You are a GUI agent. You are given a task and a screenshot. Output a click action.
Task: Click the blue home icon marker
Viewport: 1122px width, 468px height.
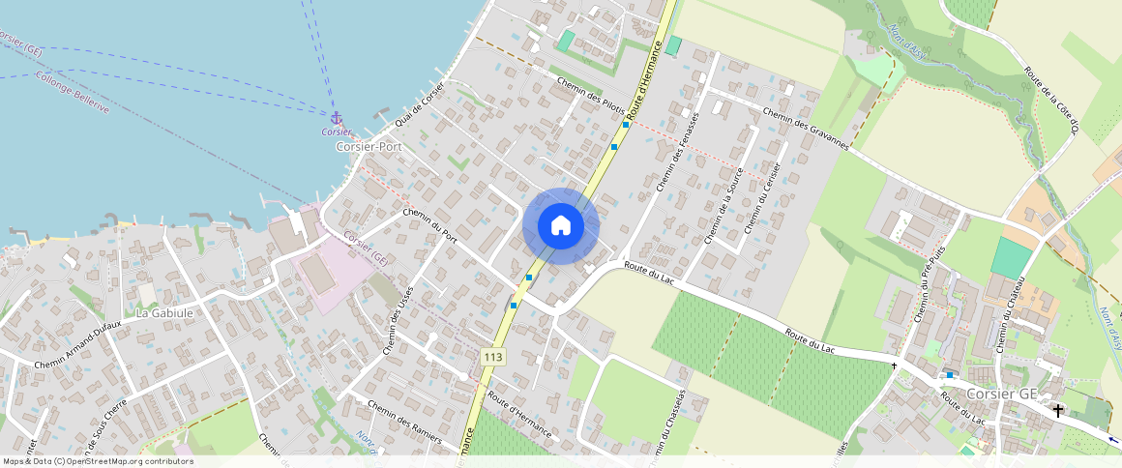click(x=561, y=226)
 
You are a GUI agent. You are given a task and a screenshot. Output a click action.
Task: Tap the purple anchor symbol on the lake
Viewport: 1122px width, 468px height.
click(x=337, y=117)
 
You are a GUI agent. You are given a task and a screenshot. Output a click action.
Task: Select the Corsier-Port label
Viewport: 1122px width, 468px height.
click(x=369, y=146)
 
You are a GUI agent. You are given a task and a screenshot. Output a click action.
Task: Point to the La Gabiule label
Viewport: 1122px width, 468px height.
click(x=164, y=313)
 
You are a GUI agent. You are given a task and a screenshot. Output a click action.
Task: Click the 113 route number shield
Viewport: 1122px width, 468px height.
click(x=492, y=357)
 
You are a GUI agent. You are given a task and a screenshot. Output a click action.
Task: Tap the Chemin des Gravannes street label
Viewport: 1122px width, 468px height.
click(x=805, y=129)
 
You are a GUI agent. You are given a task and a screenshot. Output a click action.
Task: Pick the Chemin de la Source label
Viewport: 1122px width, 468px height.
click(x=721, y=206)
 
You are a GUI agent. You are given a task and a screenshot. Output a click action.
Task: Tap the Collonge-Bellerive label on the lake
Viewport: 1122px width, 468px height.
click(x=72, y=92)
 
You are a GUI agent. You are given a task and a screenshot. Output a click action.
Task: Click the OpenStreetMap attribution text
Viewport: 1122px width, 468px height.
click(x=98, y=461)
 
